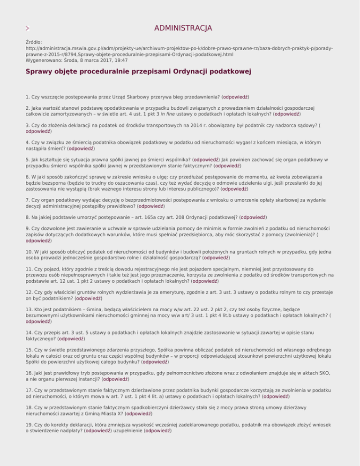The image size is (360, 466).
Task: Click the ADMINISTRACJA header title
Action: pyautogui.click(x=183, y=28)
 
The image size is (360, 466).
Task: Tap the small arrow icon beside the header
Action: pyautogui.click(x=29, y=29)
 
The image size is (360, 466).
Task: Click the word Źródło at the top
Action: pyautogui.click(x=34, y=42)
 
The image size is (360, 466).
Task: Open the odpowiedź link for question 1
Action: pyautogui.click(x=236, y=97)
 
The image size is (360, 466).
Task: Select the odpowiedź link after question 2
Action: pyautogui.click(x=287, y=113)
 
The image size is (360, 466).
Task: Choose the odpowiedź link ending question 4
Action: pyautogui.click(x=81, y=148)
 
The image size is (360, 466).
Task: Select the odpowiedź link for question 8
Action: pyautogui.click(x=254, y=218)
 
